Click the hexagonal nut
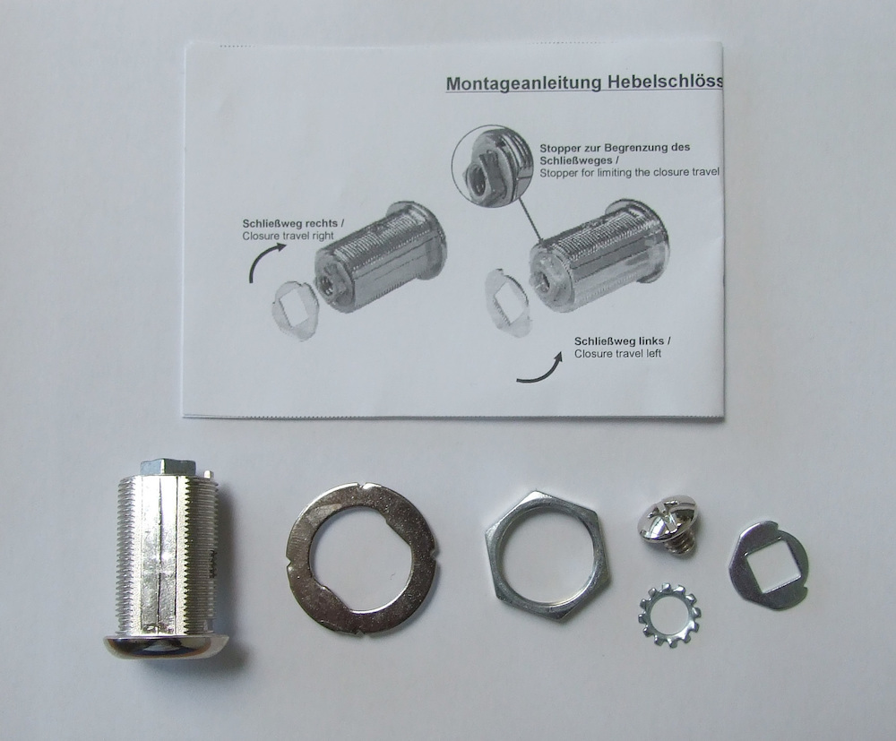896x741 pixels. pyautogui.click(x=547, y=554)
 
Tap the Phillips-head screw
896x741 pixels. pyautogui.click(x=668, y=527)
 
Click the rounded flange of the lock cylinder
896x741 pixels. pyautogui.click(x=166, y=643)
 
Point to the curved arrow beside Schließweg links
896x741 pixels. pyautogui.click(x=543, y=371)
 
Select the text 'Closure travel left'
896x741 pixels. pyautogui.click(x=618, y=354)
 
